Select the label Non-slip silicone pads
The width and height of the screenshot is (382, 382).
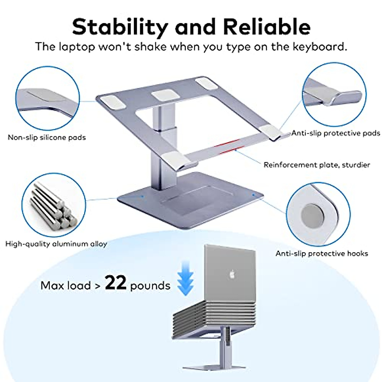coord(47,138)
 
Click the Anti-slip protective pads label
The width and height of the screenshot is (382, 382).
coord(336,133)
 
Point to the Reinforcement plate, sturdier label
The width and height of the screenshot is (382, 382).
coord(317,165)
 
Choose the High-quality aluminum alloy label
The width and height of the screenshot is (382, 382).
coord(56,244)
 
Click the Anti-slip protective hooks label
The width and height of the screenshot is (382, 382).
coord(322,254)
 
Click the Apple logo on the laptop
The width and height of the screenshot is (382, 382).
coord(231,274)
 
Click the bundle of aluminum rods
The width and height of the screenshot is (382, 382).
coord(53,206)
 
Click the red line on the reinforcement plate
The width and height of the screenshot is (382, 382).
coord(229,147)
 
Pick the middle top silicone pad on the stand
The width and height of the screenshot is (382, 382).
coord(164,96)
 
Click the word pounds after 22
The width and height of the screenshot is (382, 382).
coord(150,286)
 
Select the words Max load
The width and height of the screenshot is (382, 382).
coord(66,285)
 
